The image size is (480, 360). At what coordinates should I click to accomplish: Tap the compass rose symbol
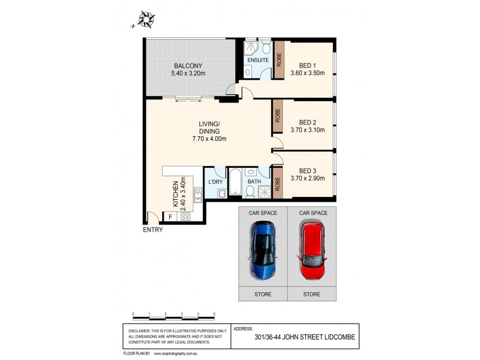145,20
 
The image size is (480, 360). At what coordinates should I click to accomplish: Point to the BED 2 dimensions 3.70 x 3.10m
311,130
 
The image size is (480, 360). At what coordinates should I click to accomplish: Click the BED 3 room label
307,170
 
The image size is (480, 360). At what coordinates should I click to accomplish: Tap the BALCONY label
188,65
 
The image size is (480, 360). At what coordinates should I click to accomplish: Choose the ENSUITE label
258,61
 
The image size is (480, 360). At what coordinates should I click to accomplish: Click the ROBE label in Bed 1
279,59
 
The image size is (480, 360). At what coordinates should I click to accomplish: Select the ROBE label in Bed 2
278,116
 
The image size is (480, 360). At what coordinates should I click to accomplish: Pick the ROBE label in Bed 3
278,184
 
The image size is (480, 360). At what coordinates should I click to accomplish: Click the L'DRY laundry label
215,181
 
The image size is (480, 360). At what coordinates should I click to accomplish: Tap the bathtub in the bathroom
235,183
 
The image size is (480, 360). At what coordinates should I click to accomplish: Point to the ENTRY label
152,230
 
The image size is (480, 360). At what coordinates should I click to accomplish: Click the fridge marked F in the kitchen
170,216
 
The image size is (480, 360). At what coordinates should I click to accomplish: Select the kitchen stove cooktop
185,216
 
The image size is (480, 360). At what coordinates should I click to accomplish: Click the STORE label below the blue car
263,295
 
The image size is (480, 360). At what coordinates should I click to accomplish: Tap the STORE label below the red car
312,295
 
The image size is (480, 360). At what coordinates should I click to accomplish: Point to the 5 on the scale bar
214,314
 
